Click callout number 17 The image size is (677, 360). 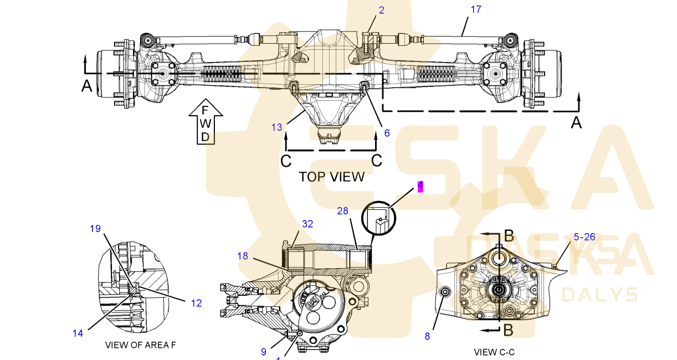pos(476,9)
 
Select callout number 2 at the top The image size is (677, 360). pos(381,10)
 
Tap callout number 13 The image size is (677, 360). pos(276,127)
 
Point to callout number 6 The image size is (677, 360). pos(387,133)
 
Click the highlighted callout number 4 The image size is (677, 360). pos(420,186)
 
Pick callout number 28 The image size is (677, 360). pos(343,211)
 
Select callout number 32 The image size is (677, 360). pos(307,224)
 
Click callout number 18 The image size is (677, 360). pos(243,256)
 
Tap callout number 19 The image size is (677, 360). pos(95,228)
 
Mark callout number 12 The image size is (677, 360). pos(196,303)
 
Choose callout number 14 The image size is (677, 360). pos(78,333)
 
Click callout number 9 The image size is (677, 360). pos(264,351)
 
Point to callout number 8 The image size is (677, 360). pos(427,336)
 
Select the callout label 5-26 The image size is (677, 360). pos(584,237)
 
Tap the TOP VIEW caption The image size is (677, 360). pos(331,177)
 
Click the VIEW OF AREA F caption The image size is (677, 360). pos(140,345)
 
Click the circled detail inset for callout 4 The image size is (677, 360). pos(379,220)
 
